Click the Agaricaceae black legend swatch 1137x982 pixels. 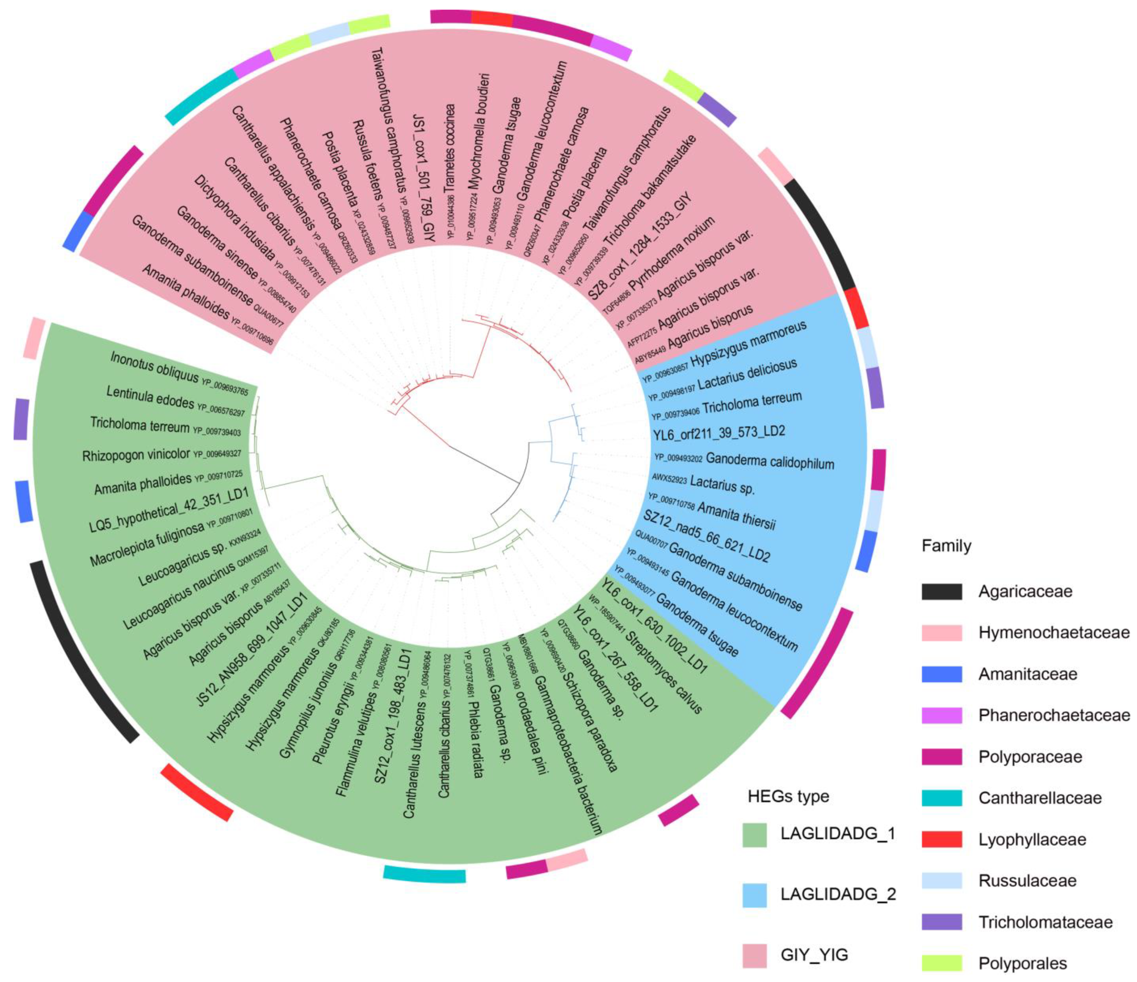point(941,591)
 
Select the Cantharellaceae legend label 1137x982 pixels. point(1040,798)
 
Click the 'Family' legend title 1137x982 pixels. point(946,546)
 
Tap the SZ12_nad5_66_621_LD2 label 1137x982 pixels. point(707,536)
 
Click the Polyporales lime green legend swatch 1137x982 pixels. point(941,963)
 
